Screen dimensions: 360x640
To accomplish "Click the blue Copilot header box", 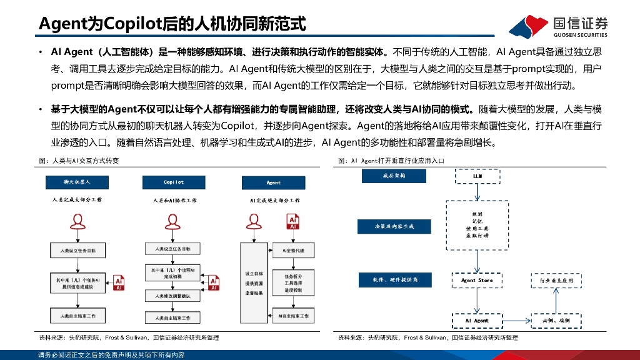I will tap(174, 182).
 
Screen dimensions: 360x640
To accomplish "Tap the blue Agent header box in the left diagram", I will tap(273, 182).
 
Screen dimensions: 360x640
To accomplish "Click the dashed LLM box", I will tap(477, 177).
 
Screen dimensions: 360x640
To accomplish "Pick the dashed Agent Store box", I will tap(476, 281).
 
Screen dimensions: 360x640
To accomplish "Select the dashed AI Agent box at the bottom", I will tap(476, 320).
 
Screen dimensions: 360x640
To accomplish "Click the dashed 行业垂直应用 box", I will tap(556, 281).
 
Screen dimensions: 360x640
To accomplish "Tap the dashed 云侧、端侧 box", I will tap(556, 320).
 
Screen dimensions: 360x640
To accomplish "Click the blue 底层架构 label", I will tap(394, 176).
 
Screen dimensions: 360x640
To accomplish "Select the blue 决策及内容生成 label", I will tap(394, 226).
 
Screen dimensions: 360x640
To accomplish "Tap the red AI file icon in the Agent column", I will tap(292, 222).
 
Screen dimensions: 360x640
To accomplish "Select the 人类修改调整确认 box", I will tap(172, 294).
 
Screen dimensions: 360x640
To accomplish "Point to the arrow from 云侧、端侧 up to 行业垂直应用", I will tap(556, 301).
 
